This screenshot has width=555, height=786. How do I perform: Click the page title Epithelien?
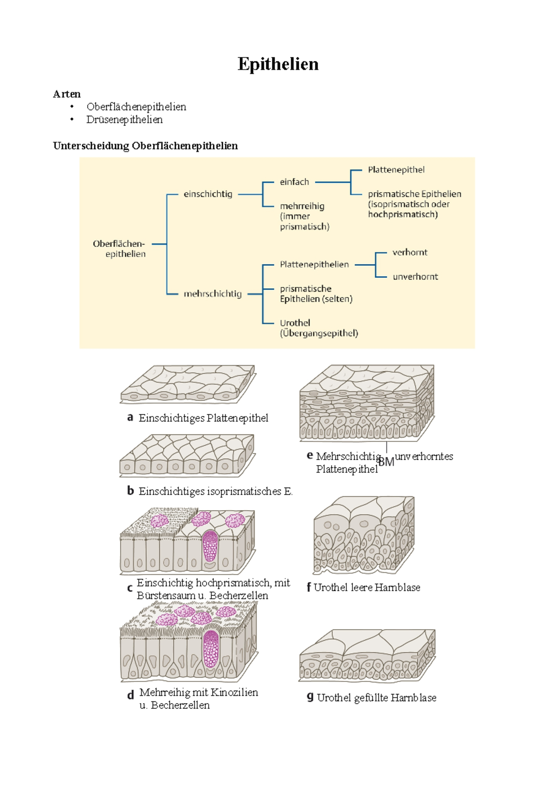click(x=278, y=64)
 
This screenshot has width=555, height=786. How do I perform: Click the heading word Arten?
click(x=67, y=94)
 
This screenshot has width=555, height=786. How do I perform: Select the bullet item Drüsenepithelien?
click(x=124, y=119)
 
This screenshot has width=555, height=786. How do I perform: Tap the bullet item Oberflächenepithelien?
click(x=136, y=106)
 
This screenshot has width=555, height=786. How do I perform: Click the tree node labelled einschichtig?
click(x=208, y=194)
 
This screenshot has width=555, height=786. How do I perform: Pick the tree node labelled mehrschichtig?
click(x=212, y=293)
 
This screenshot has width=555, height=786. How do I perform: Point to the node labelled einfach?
click(x=294, y=182)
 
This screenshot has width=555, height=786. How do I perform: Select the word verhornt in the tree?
click(x=410, y=252)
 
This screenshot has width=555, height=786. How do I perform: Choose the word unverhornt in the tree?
click(x=415, y=276)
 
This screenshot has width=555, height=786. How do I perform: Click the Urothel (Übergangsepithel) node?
click(x=319, y=328)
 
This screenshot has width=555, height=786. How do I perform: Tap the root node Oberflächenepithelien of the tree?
click(x=119, y=249)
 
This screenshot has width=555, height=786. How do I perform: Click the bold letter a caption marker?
click(x=130, y=418)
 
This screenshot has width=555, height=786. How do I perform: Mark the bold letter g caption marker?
click(x=310, y=697)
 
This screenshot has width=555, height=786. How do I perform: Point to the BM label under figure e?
click(x=386, y=461)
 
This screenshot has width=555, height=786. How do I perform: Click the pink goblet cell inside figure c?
click(x=210, y=546)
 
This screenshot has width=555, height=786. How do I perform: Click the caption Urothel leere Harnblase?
click(x=367, y=587)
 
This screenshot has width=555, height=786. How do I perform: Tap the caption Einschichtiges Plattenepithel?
click(x=203, y=418)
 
